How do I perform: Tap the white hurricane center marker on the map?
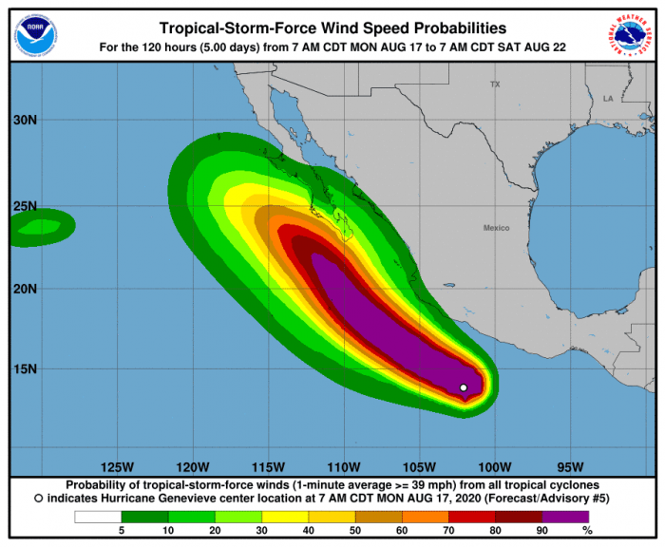pos(464,387)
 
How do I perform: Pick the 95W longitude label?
pos(569,466)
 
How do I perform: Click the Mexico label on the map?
pos(496,228)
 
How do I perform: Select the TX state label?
pos(494,85)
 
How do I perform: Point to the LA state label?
pos(608,98)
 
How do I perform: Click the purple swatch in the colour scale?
pos(570,517)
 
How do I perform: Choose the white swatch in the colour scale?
pos(98,517)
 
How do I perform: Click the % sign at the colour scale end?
pos(587,529)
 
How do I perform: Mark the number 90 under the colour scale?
pos(542,529)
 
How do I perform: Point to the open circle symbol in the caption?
pos(38,498)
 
